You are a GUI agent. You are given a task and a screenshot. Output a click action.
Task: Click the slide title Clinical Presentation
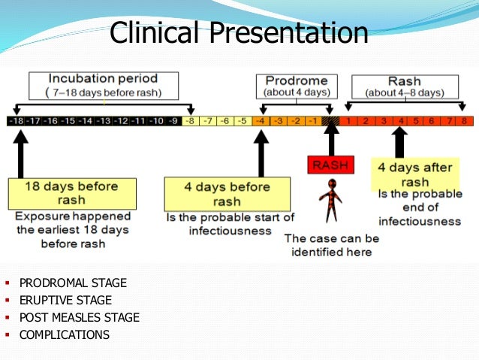coord(239,32)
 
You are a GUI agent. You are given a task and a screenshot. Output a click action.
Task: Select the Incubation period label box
coord(103,86)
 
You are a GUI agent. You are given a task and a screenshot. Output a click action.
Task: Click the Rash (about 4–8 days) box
coord(405,86)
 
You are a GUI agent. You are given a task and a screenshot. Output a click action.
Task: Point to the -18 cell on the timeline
coord(15,120)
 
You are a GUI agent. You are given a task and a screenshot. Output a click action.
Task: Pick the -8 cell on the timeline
coord(191,120)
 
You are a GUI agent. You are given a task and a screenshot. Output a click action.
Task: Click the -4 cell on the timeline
coord(260,120)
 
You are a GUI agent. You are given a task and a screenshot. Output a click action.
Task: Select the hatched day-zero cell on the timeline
coord(330,120)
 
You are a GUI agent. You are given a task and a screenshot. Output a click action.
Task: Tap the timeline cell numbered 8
coord(464,120)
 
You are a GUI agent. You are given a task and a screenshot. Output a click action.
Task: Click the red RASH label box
coord(330,165)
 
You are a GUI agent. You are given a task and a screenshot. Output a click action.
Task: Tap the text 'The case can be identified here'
coord(331,244)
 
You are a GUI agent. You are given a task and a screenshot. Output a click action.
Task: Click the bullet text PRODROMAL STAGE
coord(73,283)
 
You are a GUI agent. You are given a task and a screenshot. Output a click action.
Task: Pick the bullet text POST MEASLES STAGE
coord(79,318)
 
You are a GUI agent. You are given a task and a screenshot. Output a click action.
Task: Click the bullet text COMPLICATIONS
coord(64,335)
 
